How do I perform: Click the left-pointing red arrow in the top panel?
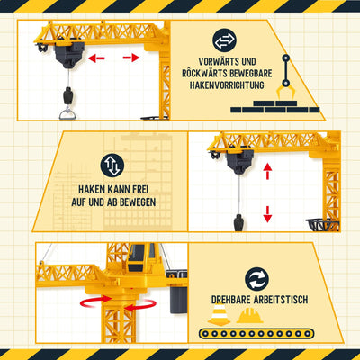(96, 58)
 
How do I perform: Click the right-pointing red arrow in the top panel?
(131, 58)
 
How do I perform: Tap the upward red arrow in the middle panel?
(267, 171)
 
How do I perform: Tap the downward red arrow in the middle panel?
(267, 214)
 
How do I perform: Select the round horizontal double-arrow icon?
(224, 40)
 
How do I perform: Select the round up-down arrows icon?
(112, 166)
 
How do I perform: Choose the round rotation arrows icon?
(256, 279)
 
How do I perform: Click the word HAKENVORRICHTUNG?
(227, 85)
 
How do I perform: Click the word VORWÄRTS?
(219, 62)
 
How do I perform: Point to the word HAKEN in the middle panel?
(93, 190)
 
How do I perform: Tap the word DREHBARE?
(230, 300)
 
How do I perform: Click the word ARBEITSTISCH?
(281, 300)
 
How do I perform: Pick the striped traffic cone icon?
(220, 314)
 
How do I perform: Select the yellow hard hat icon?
(250, 315)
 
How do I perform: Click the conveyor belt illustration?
(256, 334)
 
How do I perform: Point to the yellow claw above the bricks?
(285, 92)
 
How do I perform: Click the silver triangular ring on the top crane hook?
(67, 114)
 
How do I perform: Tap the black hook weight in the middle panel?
(238, 222)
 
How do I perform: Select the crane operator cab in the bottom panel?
(139, 258)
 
